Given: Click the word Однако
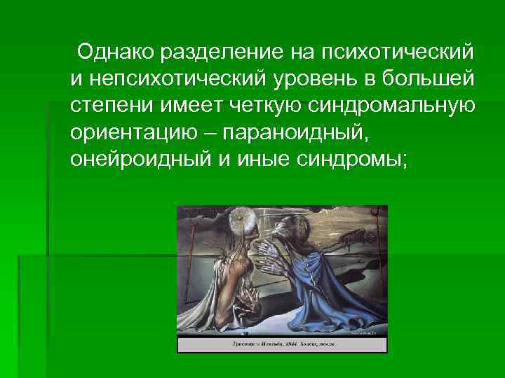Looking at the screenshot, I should (x=116, y=52).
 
